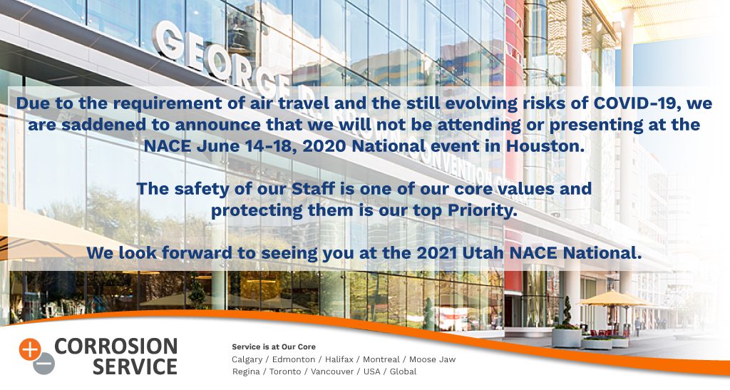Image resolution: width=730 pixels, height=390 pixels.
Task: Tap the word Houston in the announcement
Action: [545, 146]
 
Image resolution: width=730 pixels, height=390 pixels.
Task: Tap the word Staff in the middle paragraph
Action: [314, 189]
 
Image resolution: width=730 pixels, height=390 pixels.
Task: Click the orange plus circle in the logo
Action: [30, 350]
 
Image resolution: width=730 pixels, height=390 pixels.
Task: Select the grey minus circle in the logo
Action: [43, 364]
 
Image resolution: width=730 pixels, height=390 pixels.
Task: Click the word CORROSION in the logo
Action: [116, 347]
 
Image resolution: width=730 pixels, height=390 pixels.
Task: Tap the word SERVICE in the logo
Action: [135, 366]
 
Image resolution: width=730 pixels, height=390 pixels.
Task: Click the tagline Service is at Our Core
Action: [274, 347]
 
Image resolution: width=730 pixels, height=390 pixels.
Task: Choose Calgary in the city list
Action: [247, 360]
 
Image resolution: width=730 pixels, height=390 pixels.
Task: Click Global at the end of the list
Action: [403, 371]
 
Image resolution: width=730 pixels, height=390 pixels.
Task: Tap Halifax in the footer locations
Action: [339, 359]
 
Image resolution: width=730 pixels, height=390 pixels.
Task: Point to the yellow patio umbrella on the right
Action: [615, 298]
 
